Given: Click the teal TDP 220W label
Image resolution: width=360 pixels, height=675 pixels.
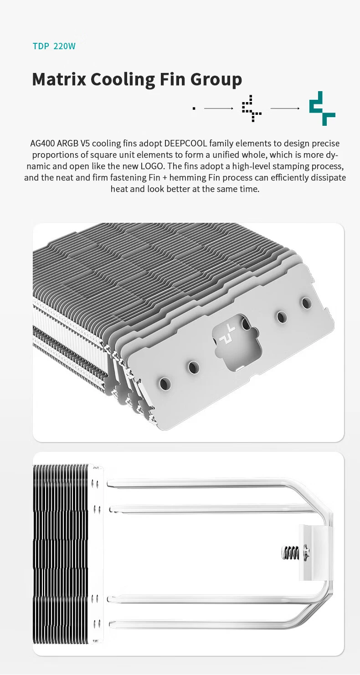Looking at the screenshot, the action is pyautogui.click(x=54, y=46).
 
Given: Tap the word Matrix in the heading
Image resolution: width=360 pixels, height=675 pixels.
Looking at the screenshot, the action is pyautogui.click(x=59, y=79).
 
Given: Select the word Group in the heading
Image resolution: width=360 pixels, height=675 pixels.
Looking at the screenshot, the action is pyautogui.click(x=216, y=80).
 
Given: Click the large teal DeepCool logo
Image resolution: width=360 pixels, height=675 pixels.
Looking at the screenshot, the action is pyautogui.click(x=322, y=108).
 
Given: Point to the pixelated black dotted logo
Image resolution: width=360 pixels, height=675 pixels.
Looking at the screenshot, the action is pyautogui.click(x=252, y=108).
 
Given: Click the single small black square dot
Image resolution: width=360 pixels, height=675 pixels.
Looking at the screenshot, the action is pyautogui.click(x=194, y=108).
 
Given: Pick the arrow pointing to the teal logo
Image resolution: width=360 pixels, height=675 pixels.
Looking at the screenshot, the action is pyautogui.click(x=285, y=108).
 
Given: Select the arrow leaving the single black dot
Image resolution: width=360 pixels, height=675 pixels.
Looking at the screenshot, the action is pyautogui.click(x=219, y=108).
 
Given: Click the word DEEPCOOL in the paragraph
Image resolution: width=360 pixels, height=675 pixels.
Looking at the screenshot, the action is pyautogui.click(x=185, y=143).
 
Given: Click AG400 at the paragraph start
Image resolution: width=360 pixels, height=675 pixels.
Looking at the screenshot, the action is pyautogui.click(x=42, y=143).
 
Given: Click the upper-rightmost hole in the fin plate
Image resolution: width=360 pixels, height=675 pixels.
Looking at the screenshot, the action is pyautogui.click(x=306, y=303).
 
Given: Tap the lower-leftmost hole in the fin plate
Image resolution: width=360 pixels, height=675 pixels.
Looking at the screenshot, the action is pyautogui.click(x=165, y=384).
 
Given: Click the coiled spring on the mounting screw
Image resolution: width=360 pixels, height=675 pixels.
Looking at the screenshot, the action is pyautogui.click(x=290, y=552).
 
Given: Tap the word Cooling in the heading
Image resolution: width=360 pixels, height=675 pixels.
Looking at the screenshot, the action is pyautogui.click(x=123, y=80).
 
